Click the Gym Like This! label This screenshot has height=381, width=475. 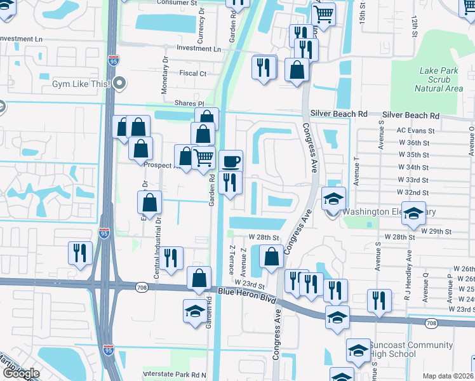point(83,84)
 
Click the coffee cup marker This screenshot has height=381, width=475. point(231,161)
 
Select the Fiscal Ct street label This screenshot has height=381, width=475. point(193,74)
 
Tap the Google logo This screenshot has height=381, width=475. point(21,373)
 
